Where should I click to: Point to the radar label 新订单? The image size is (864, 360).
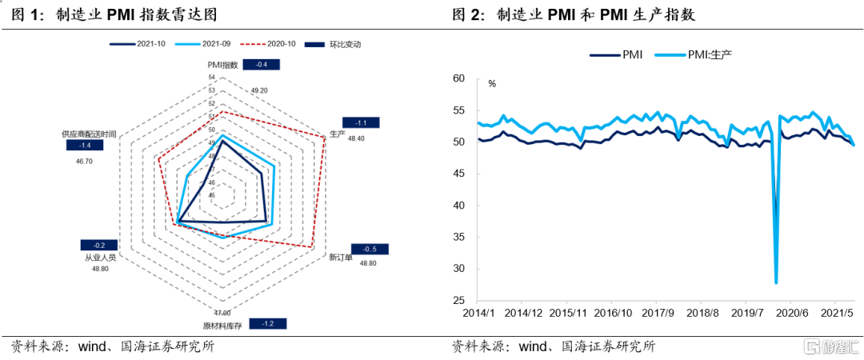click(340, 258)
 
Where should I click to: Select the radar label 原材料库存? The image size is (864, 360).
click(222, 325)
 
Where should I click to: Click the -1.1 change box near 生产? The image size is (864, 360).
click(361, 123)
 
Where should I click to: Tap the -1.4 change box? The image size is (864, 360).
click(84, 146)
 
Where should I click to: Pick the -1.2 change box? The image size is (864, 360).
click(268, 324)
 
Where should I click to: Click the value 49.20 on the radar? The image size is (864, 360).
click(258, 90)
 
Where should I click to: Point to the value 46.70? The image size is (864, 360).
click(84, 161)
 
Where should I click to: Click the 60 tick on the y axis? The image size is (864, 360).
click(458, 78)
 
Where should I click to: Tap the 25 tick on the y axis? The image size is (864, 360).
click(458, 299)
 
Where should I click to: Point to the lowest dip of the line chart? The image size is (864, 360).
click(776, 282)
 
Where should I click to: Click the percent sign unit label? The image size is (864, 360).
click(492, 83)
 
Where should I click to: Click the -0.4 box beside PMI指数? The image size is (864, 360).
click(261, 64)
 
